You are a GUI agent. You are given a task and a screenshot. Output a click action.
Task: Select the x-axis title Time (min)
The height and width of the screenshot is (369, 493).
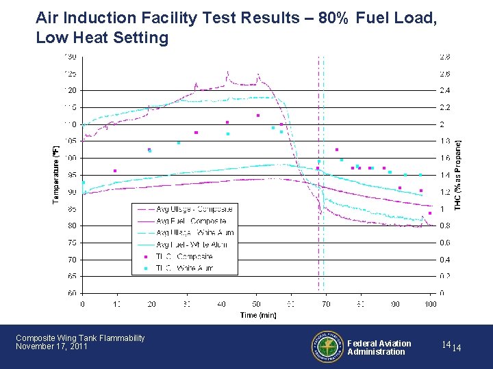257,315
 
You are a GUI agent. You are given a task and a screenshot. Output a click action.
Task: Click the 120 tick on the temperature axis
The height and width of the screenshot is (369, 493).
71,90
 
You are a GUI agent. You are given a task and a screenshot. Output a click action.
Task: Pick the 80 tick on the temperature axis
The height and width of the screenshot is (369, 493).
72,225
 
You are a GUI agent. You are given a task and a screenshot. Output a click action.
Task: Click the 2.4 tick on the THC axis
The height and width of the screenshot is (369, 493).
445,90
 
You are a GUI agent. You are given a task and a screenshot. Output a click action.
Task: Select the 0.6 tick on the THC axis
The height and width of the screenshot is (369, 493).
445,243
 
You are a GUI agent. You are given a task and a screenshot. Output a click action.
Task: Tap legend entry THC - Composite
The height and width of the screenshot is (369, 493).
185,257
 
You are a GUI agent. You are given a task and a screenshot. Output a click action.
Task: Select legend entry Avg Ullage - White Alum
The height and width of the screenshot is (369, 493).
195,233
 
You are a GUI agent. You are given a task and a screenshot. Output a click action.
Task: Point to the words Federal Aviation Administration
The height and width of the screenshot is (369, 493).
379,348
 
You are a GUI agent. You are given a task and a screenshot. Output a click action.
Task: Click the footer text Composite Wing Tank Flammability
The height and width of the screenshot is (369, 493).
80,338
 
